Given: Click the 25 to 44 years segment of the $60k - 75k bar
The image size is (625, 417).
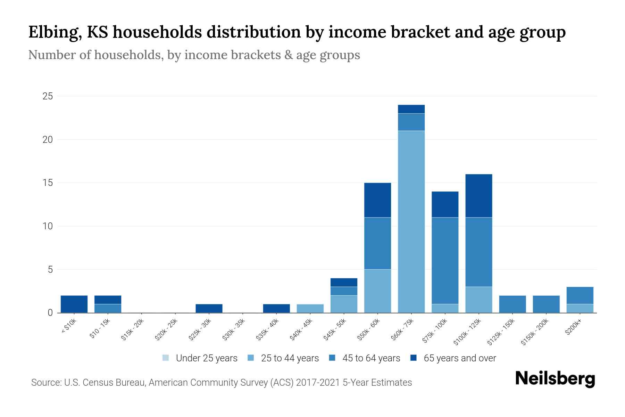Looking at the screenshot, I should (411, 222).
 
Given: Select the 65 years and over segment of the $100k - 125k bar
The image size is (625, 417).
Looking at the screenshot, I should (479, 196).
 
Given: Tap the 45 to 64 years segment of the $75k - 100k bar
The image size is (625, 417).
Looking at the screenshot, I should (445, 261).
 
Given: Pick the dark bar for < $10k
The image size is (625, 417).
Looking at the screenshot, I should (74, 304).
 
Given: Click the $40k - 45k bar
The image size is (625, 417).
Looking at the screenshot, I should (310, 309).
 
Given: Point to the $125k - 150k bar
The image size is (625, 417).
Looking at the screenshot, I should (512, 304).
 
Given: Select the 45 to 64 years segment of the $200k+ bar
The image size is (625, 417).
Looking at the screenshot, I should (580, 295).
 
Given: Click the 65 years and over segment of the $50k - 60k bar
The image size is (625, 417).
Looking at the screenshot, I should (377, 200).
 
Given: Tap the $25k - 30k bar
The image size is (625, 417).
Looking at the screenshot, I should (209, 309).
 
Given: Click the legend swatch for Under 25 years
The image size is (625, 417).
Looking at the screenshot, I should (166, 358).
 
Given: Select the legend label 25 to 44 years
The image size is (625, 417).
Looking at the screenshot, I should (290, 358).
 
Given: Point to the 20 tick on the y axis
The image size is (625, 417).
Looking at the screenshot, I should (48, 140).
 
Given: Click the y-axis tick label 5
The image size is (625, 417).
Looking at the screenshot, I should (50, 270).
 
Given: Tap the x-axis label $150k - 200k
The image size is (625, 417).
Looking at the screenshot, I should (535, 332).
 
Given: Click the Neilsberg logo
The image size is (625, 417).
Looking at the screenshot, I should (555, 379).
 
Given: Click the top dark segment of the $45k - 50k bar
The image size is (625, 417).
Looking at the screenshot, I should (344, 282).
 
